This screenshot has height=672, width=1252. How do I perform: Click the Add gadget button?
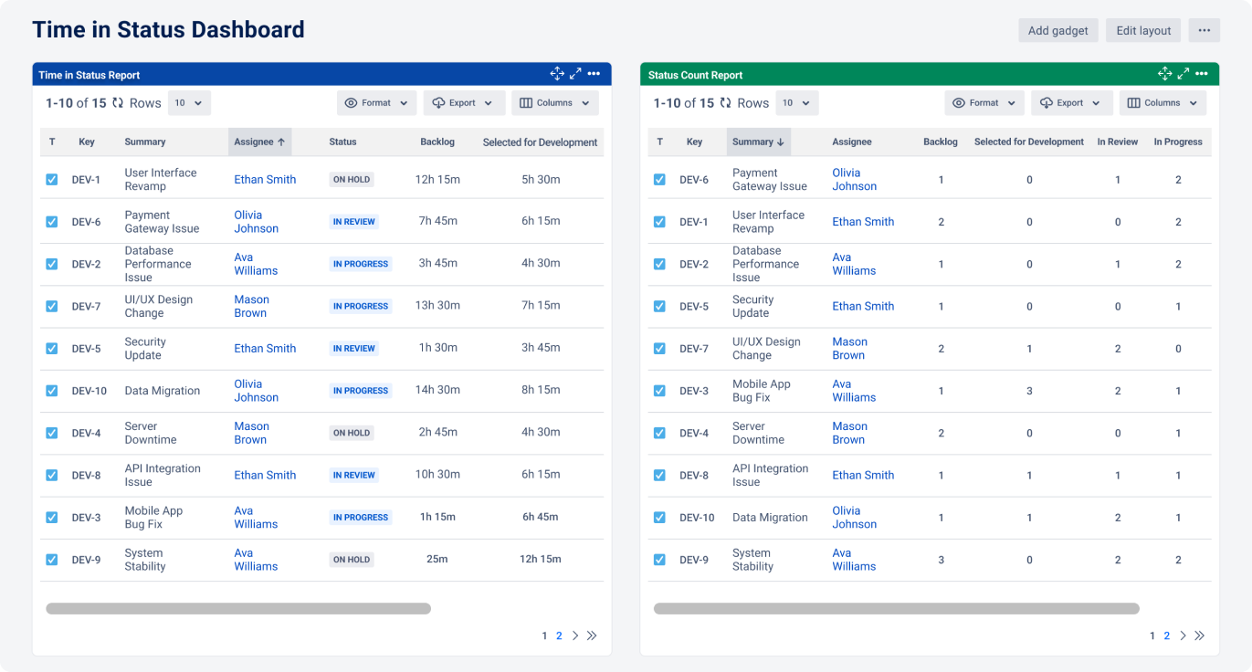[1057, 30]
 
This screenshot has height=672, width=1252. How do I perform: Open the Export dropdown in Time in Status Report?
[464, 103]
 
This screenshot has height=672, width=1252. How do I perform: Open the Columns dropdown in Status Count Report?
[1163, 103]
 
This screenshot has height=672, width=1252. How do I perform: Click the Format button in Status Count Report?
[984, 103]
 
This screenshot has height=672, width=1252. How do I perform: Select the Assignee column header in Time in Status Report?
[259, 142]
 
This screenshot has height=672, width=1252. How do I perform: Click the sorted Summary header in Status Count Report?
[758, 142]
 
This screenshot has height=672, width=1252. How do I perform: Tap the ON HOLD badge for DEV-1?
[352, 180]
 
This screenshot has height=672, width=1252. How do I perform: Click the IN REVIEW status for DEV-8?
[354, 475]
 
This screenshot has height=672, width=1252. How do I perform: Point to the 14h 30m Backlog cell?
[437, 390]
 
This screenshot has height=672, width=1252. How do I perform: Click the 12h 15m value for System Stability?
[540, 559]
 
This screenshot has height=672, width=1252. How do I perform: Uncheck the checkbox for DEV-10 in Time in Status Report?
[52, 391]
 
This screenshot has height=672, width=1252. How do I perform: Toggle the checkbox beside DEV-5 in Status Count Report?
[659, 307]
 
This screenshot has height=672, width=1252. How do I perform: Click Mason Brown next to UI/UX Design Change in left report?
[251, 306]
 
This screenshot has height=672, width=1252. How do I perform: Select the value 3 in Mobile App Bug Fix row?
[1029, 391]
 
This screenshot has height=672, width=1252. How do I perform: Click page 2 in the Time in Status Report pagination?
[559, 635]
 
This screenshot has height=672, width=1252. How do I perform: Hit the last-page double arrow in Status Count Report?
[1200, 635]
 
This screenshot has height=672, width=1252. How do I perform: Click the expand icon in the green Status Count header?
[1184, 74]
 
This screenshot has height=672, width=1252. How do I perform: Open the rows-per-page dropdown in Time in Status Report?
[189, 103]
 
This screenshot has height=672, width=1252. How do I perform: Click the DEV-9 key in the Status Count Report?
[694, 560]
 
